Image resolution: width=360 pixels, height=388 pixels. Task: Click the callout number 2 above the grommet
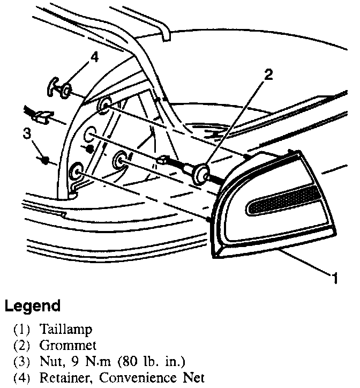tap(268, 73)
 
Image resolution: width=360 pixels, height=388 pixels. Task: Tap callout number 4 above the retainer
tap(94, 56)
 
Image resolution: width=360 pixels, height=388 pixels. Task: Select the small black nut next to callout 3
tap(46, 160)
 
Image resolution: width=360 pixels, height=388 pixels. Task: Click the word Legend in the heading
tap(32, 307)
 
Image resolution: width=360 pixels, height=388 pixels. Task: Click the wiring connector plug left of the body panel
tap(43, 114)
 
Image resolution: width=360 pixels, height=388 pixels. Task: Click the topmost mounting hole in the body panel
tap(103, 105)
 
